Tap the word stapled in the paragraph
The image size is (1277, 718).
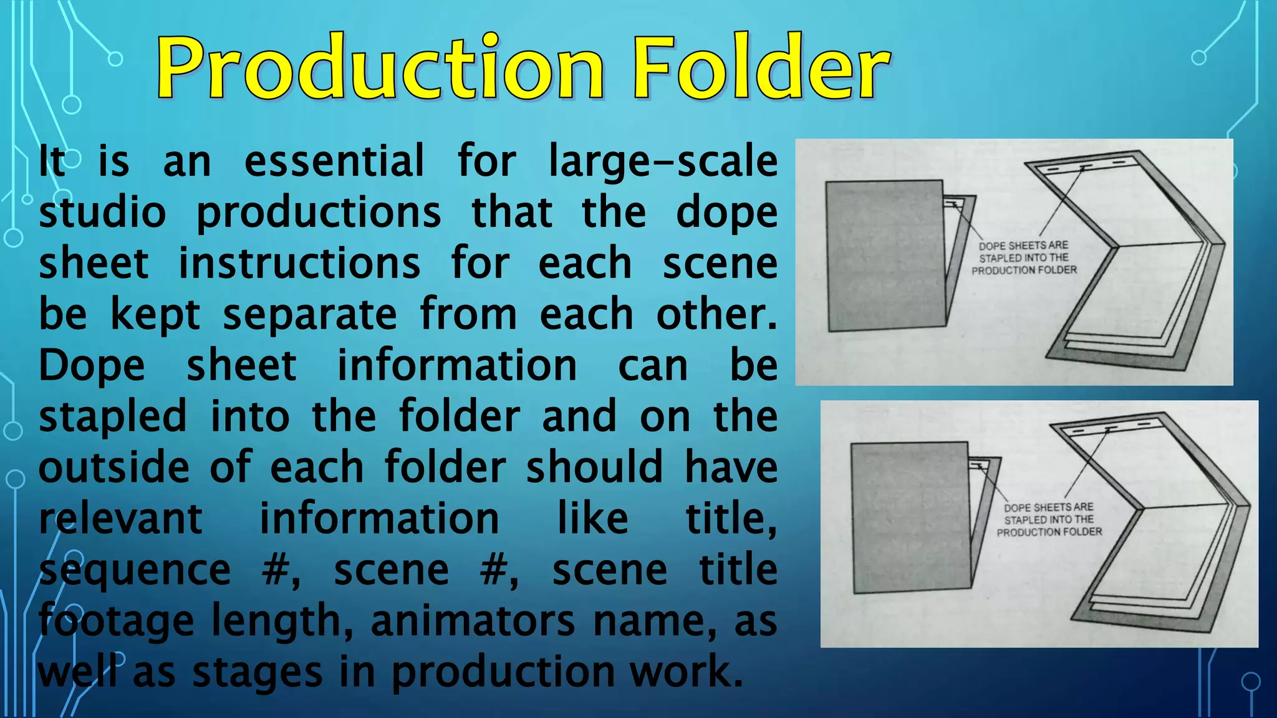click(x=113, y=416)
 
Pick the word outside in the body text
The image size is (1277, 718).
click(x=114, y=467)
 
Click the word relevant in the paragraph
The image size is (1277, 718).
click(x=121, y=519)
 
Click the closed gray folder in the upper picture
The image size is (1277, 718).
click(x=885, y=256)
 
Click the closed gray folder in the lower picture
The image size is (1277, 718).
click(x=910, y=517)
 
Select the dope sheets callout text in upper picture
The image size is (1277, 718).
click(x=1024, y=258)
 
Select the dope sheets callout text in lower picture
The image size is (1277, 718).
click(x=1049, y=520)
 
